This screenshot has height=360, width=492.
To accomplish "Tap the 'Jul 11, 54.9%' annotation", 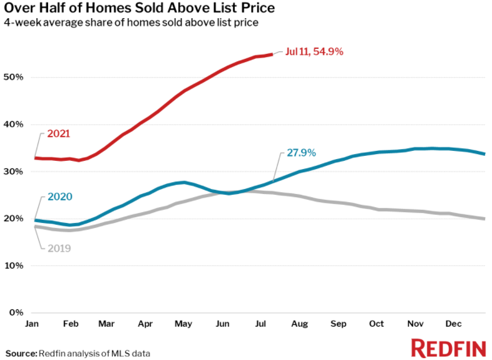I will (x=314, y=53).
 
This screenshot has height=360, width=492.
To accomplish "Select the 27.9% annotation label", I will (x=301, y=152).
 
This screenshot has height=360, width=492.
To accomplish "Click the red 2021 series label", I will (x=58, y=133).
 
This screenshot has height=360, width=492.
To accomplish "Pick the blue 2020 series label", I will (x=59, y=197).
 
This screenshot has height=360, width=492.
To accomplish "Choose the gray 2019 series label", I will (x=58, y=248).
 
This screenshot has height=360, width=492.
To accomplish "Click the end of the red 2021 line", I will (x=272, y=54).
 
